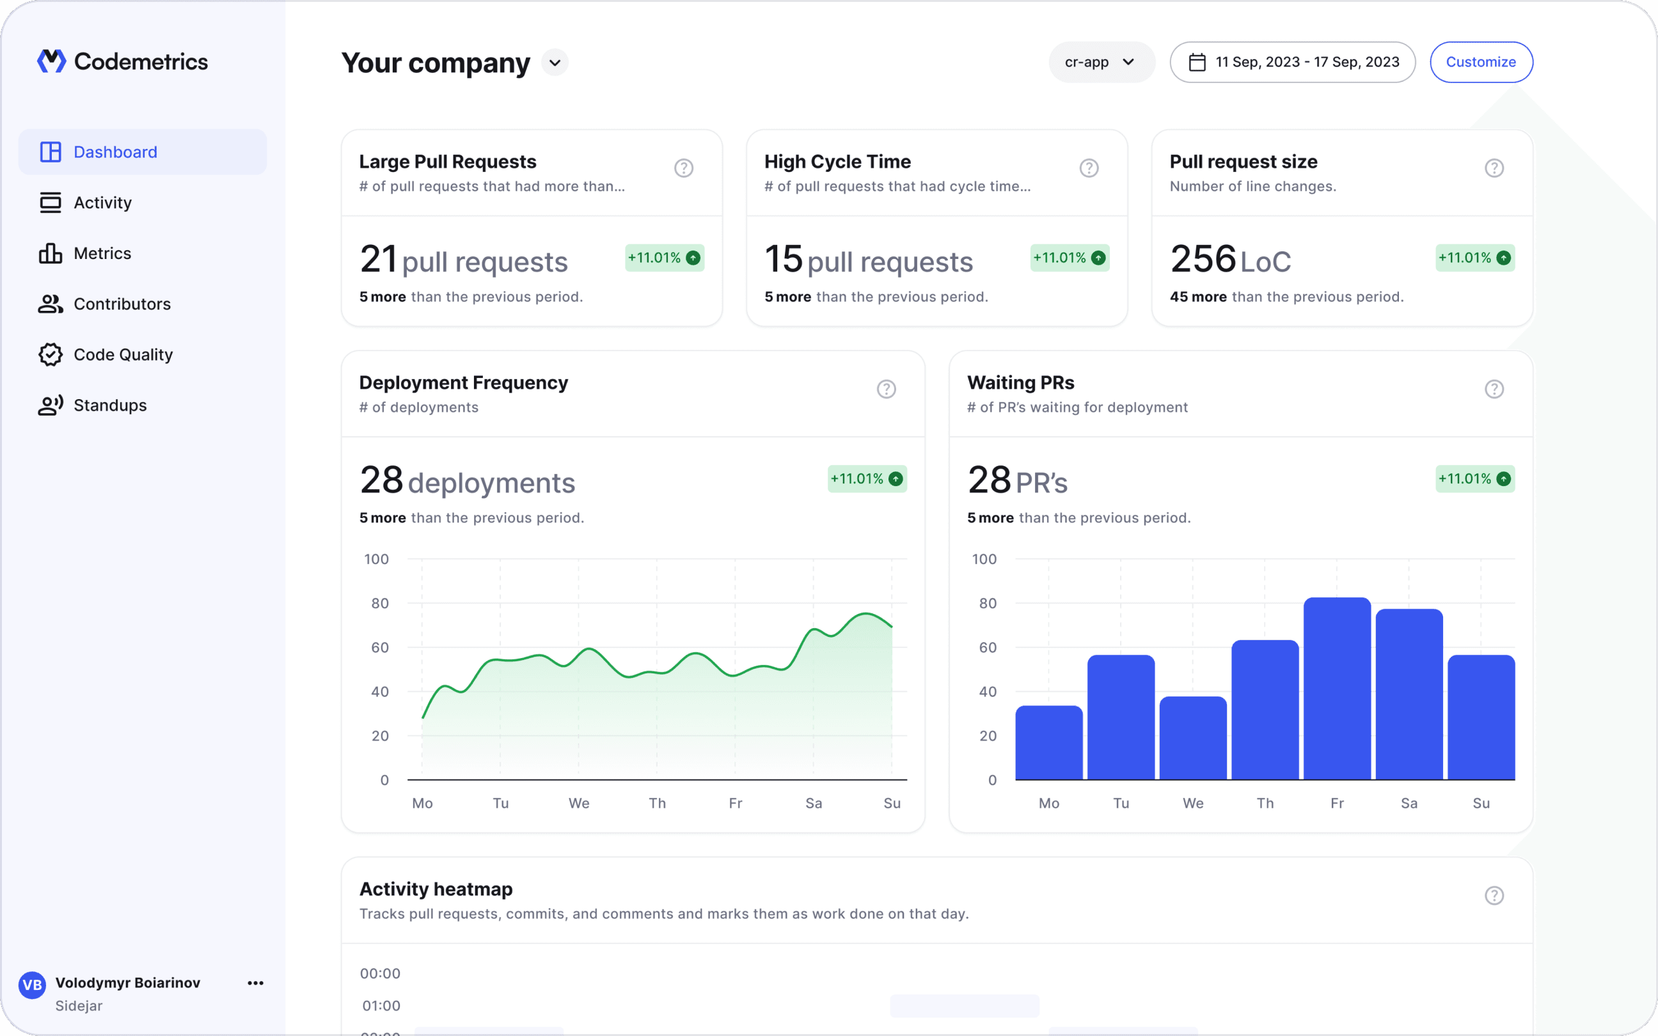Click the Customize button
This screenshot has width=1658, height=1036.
pos(1481,61)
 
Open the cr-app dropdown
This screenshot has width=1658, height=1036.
pos(1100,61)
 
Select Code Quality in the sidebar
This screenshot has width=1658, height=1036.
pos(123,354)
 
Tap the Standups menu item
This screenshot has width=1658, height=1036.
pos(109,405)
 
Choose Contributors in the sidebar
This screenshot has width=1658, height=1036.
pos(122,304)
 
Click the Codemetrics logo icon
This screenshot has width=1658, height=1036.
pos(51,61)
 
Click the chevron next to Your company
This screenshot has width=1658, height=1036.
pos(554,63)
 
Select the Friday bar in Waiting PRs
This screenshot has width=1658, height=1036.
pos(1337,689)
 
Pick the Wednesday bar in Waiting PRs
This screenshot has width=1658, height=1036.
pos(1193,738)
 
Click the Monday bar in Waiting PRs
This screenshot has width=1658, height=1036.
pos(1048,742)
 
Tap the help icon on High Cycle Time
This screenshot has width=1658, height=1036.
pos(1089,168)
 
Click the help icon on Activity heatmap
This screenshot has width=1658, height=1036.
pos(1494,895)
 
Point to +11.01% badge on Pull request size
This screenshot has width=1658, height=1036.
pos(1474,258)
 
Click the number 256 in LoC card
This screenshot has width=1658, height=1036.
pos(1203,259)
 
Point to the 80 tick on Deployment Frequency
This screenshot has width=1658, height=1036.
pos(379,603)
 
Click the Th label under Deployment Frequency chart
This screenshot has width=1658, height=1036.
pos(656,803)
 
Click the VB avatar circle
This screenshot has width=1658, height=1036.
pos(32,985)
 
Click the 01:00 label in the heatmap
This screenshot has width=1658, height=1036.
pos(381,1005)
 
